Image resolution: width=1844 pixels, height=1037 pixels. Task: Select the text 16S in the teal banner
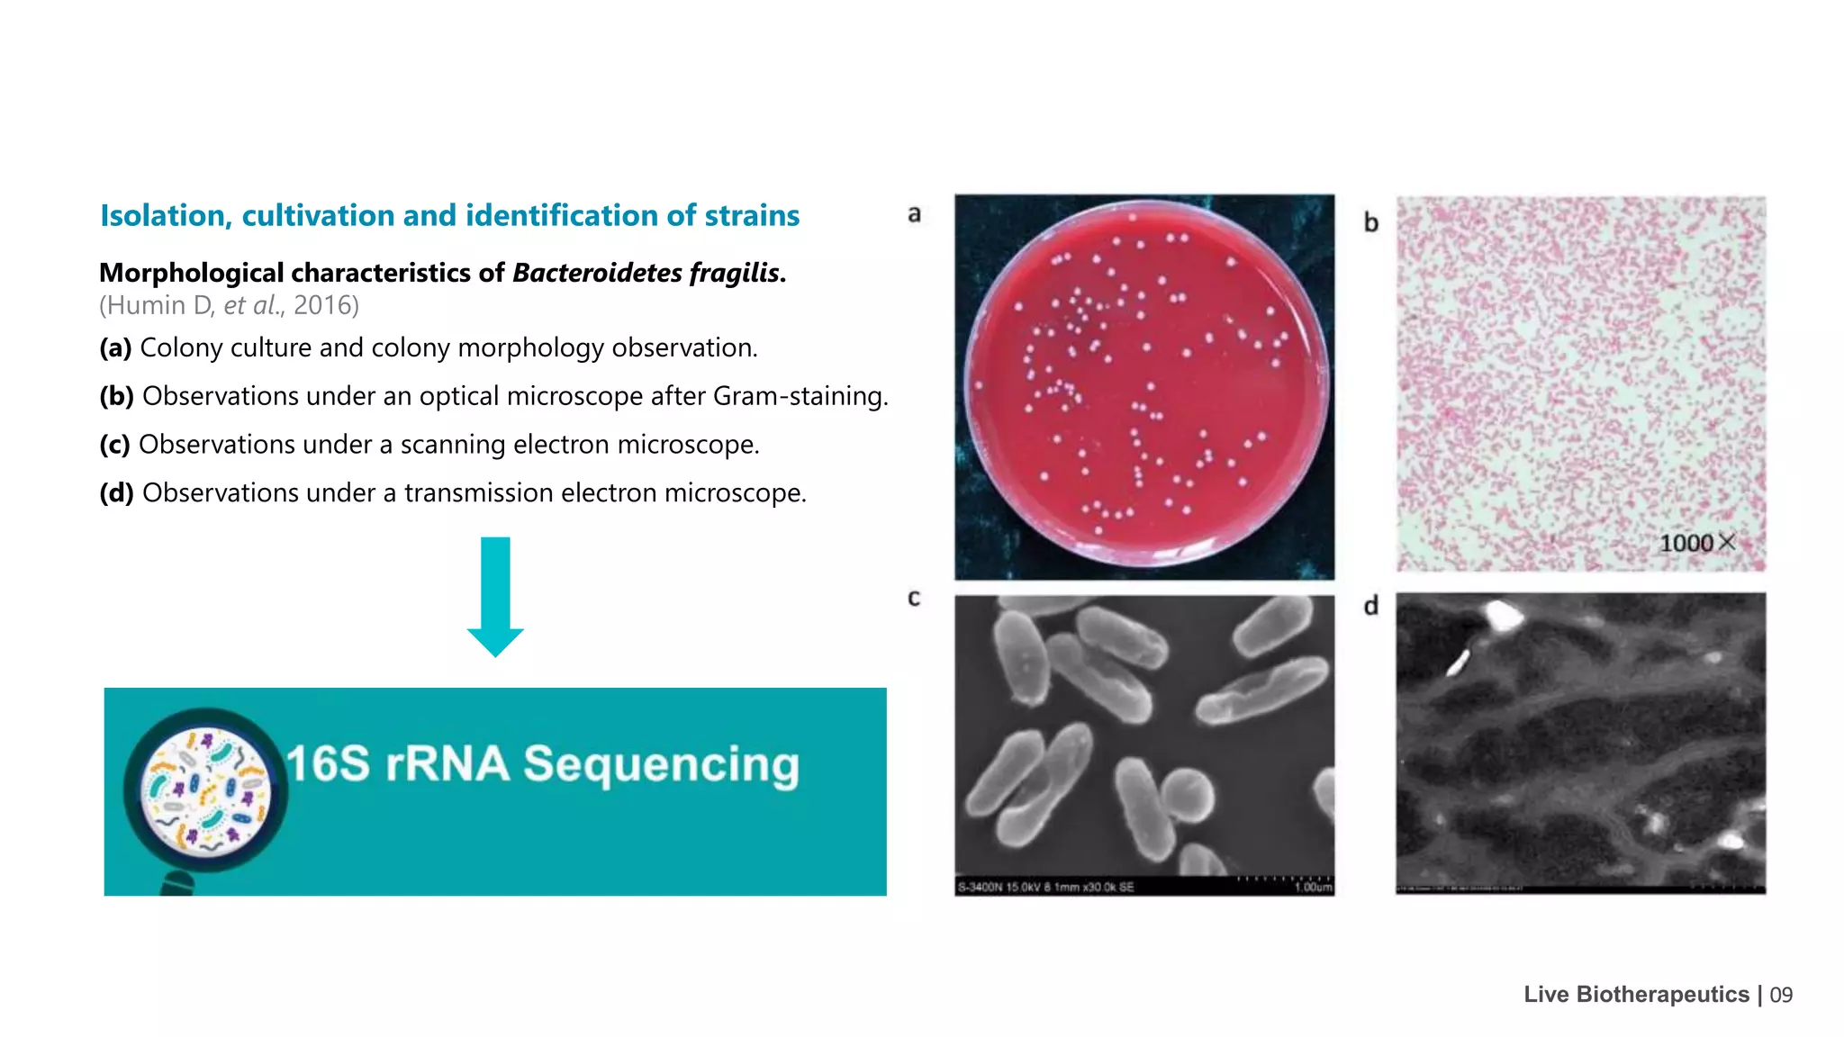[x=328, y=763]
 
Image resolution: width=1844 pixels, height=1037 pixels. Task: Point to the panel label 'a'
[x=914, y=214]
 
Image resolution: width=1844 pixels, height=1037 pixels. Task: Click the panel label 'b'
[x=1370, y=222]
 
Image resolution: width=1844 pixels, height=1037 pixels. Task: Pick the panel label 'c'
[x=914, y=599]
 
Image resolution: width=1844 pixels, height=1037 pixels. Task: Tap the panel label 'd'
[x=1370, y=606]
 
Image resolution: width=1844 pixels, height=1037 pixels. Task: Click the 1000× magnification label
[x=1696, y=543]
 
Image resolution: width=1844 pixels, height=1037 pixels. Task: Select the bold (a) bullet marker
[x=115, y=347]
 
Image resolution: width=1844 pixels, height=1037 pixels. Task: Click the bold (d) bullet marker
[x=116, y=493]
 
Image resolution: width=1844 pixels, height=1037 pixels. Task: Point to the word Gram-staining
[x=800, y=396]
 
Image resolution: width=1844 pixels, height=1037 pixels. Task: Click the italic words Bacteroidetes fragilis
[x=646, y=273]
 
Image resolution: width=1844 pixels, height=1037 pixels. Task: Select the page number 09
[x=1781, y=995]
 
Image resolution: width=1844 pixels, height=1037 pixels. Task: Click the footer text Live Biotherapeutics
[x=1636, y=995]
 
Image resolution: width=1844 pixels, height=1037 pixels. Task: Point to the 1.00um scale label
[x=1313, y=888]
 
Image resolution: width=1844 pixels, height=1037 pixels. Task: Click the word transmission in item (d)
[x=478, y=493]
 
